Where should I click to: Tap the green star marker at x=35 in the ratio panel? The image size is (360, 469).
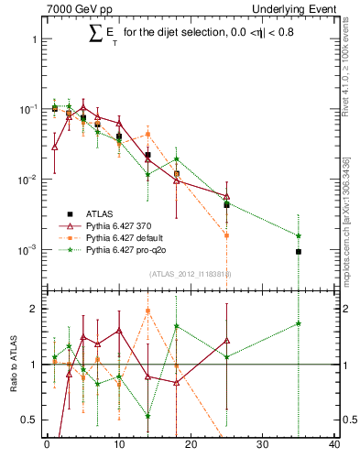[299, 323]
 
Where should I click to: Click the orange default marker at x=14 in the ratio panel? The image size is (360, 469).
[147, 311]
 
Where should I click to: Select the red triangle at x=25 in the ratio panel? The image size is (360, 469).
[226, 341]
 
